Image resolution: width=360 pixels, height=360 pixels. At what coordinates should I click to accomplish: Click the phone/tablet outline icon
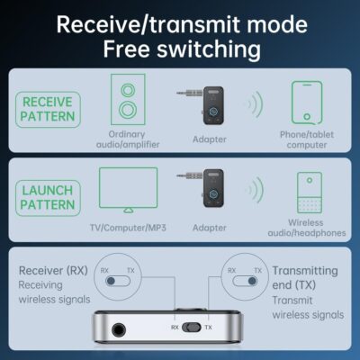[307, 103]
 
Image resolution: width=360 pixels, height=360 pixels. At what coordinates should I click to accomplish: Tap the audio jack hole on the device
[117, 335]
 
